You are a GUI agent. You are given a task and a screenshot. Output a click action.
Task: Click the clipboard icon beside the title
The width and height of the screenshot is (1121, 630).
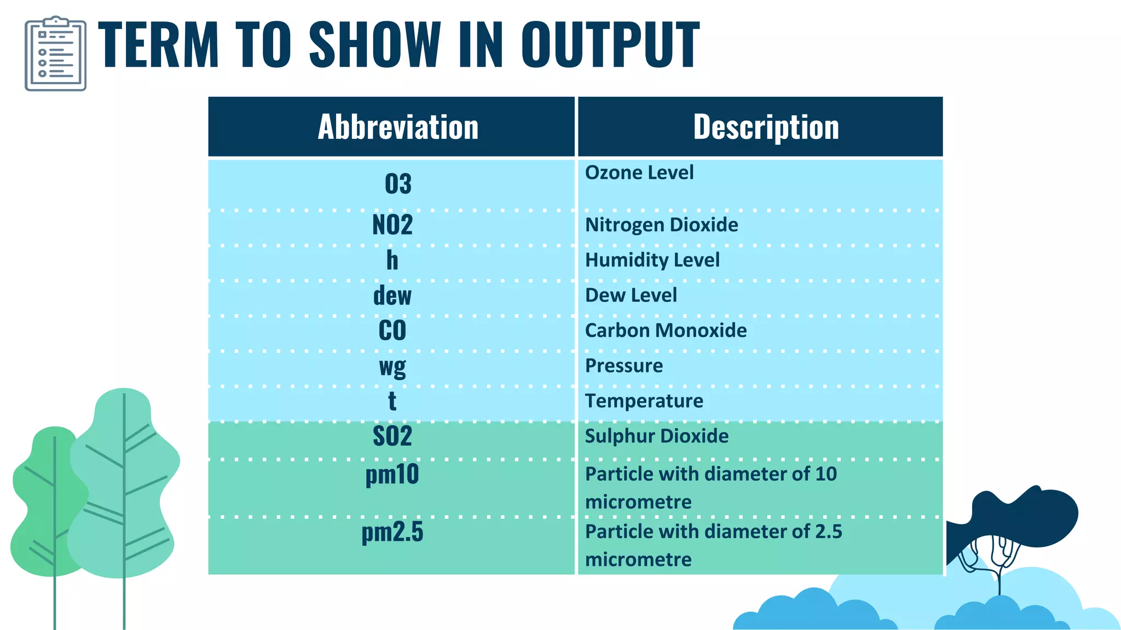click(55, 54)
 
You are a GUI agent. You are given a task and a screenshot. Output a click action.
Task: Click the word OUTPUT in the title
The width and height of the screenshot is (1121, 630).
click(610, 45)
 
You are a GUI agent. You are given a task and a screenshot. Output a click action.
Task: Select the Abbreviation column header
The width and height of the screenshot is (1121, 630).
click(398, 127)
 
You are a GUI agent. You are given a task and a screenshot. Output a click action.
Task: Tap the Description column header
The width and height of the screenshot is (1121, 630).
click(766, 127)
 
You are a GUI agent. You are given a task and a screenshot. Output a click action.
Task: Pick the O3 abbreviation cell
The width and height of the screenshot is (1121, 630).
click(398, 184)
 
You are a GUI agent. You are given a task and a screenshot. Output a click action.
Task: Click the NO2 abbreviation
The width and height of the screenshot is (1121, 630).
click(392, 225)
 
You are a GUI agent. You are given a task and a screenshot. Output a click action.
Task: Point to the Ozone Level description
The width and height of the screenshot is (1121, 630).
click(639, 173)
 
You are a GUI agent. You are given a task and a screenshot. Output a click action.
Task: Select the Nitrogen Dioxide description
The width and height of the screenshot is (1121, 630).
click(661, 225)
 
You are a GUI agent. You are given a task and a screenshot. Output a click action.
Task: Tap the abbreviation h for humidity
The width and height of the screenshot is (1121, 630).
click(392, 260)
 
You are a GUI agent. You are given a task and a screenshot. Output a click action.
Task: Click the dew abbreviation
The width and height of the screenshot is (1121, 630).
click(392, 296)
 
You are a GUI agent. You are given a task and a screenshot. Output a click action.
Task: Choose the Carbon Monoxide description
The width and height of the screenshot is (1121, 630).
click(666, 330)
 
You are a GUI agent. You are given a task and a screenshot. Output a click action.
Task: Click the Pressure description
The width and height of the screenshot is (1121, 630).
click(623, 365)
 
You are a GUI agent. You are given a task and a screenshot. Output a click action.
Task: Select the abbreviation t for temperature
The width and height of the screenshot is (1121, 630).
click(392, 401)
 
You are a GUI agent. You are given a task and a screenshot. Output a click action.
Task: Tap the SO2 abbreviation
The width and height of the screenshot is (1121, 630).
click(392, 436)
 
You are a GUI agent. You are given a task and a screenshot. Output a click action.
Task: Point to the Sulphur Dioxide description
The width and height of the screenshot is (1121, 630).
click(656, 436)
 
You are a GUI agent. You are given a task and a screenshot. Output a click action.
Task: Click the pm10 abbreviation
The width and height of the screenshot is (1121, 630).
click(392, 474)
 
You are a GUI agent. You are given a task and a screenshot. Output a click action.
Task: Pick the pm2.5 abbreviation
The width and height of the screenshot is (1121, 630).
click(392, 532)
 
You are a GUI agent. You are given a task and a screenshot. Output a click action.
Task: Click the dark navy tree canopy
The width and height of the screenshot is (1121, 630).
click(1029, 517)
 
